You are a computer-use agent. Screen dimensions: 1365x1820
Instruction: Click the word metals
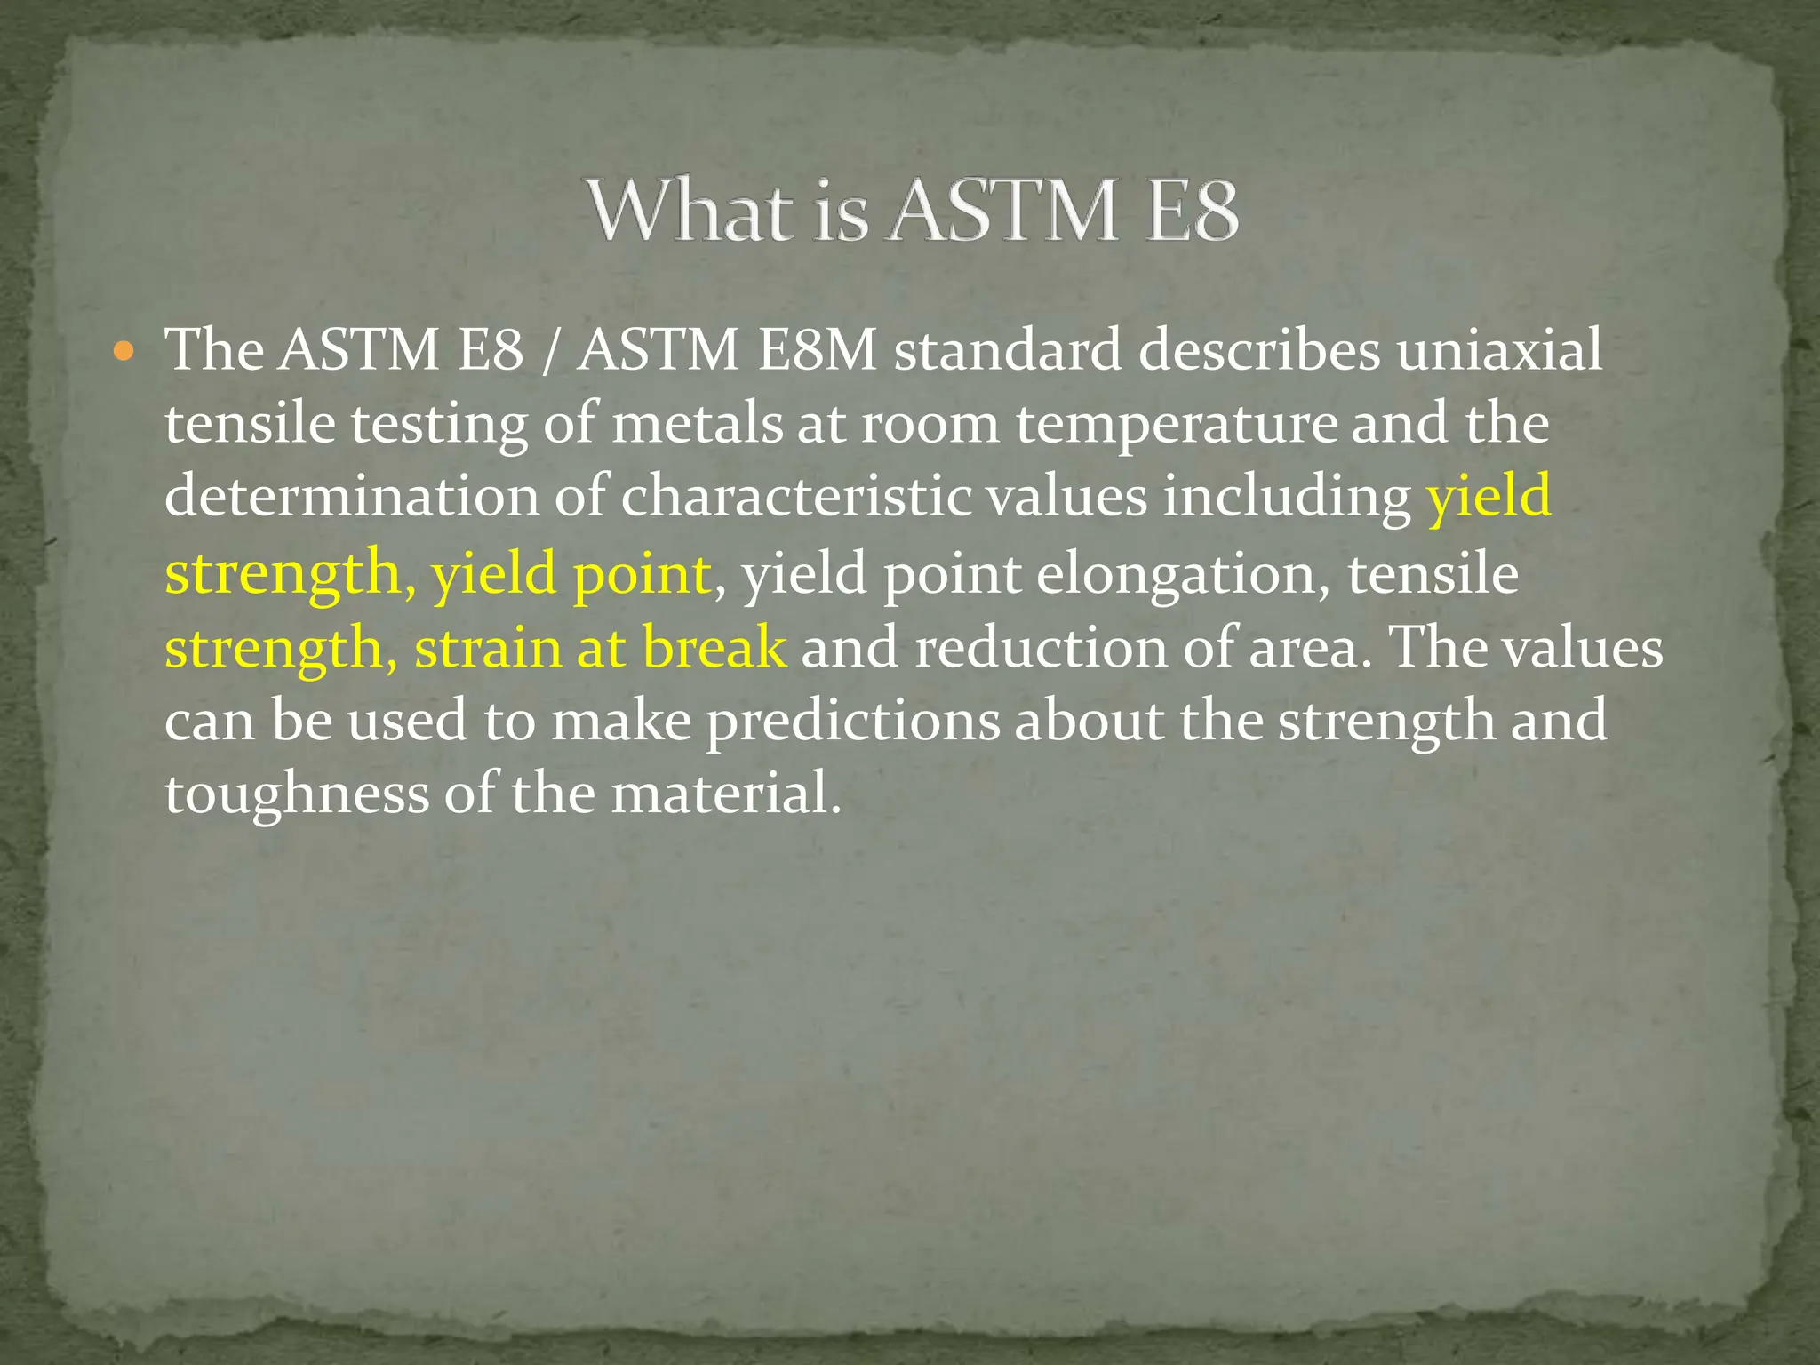click(x=697, y=424)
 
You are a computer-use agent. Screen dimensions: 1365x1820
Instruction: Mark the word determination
click(x=352, y=497)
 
